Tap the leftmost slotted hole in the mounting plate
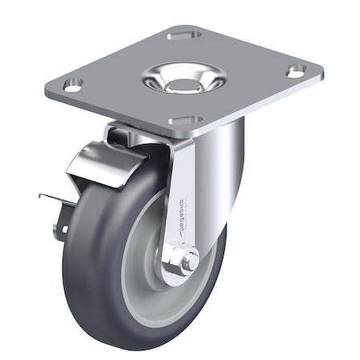pos(73,84)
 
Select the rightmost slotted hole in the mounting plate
pos(296,70)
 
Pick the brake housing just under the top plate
pos(128,136)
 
